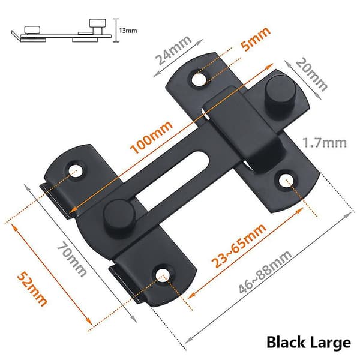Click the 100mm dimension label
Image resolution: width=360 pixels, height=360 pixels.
pyautogui.click(x=151, y=137)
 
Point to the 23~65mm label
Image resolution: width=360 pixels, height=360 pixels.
pyautogui.click(x=239, y=245)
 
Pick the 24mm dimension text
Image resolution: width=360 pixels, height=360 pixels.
pyautogui.click(x=173, y=50)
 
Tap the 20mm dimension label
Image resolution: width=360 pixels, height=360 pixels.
pyautogui.click(x=311, y=74)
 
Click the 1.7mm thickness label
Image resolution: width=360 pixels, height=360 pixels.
pyautogui.click(x=325, y=143)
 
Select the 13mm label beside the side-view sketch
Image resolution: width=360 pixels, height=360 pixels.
pyautogui.click(x=128, y=31)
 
